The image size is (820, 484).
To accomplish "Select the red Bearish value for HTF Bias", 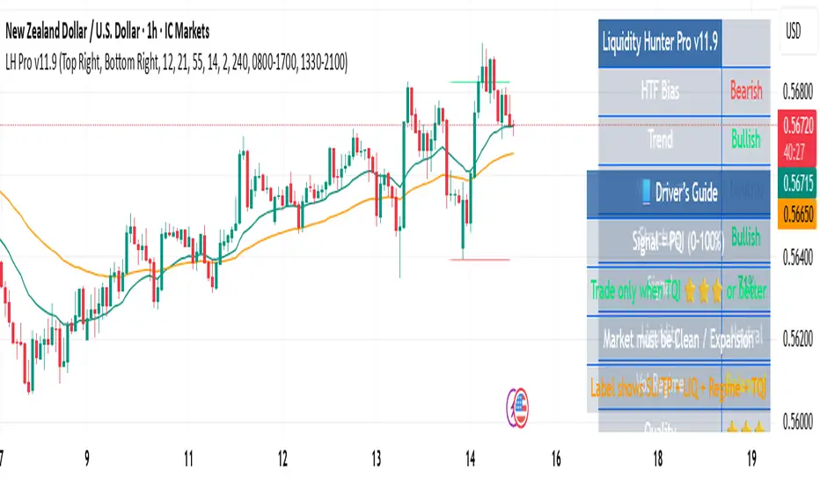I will tap(745, 91).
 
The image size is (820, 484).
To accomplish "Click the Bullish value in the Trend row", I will tap(745, 140).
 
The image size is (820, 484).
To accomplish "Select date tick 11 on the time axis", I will tap(188, 459).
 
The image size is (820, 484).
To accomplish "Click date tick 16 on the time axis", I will tap(555, 459).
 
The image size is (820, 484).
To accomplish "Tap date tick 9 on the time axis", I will tap(86, 459).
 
